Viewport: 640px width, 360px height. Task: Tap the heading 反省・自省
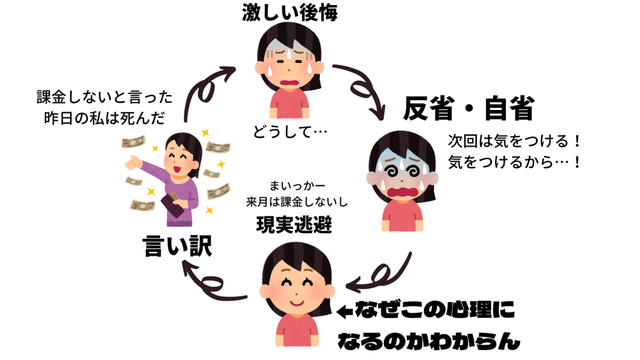pyautogui.click(x=468, y=109)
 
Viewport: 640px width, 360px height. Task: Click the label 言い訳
pyautogui.click(x=178, y=246)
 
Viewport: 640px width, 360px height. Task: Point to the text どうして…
pyautogui.click(x=291, y=132)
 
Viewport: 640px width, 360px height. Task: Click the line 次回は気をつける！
pyautogui.click(x=514, y=142)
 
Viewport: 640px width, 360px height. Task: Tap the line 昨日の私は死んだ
pyautogui.click(x=105, y=117)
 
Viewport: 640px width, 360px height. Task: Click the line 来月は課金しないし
pyautogui.click(x=297, y=203)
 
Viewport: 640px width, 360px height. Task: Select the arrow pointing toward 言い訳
pyautogui.click(x=213, y=282)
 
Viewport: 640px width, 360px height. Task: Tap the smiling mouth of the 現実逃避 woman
pyautogui.click(x=297, y=304)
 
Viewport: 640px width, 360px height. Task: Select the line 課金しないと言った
pyautogui.click(x=105, y=98)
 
